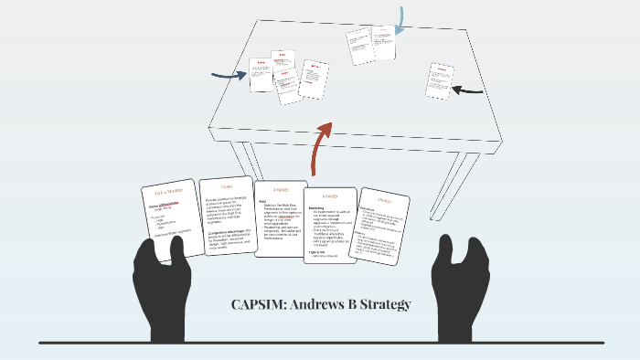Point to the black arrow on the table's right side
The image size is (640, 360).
coord(468,90)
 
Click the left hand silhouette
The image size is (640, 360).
coord(164,280)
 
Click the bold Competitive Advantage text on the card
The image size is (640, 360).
coord(219,234)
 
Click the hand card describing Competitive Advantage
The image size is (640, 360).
coord(226,217)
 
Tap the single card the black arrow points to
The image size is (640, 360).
coord(439,80)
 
